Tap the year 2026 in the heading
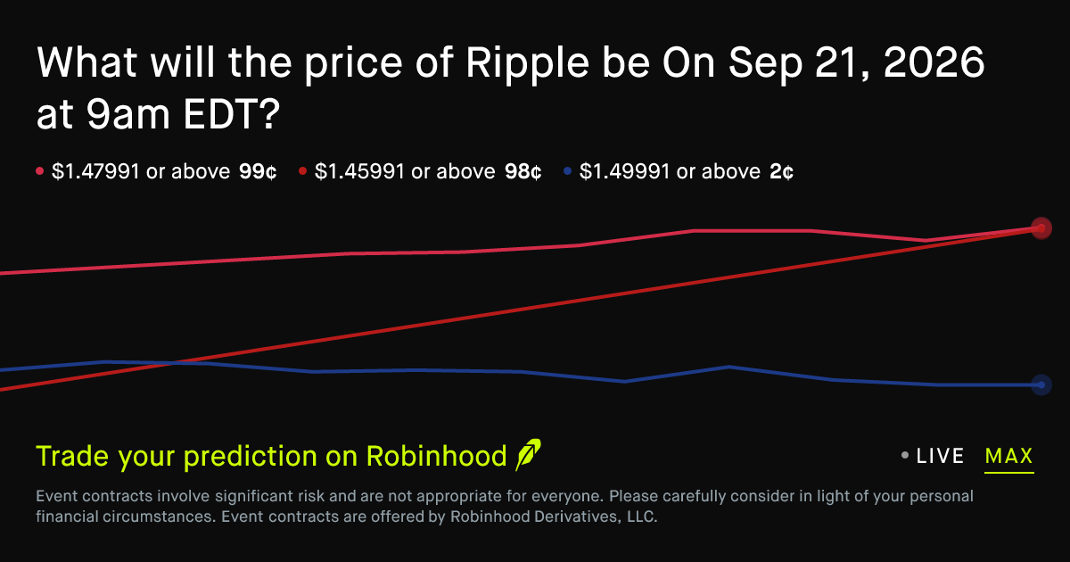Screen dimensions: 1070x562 pyautogui.click(x=934, y=62)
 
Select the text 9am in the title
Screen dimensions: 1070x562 pyautogui.click(x=128, y=115)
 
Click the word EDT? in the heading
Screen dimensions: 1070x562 pyautogui.click(x=231, y=114)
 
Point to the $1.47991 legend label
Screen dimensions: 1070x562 pyautogui.click(x=95, y=171)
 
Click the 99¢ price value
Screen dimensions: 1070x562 pyautogui.click(x=258, y=171)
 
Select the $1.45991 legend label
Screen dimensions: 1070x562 pyautogui.click(x=359, y=171)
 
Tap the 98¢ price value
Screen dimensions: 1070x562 pyautogui.click(x=523, y=171)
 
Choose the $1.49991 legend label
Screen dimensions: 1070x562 pyautogui.click(x=624, y=171)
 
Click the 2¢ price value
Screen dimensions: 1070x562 pyautogui.click(x=781, y=171)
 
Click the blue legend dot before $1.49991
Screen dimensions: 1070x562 pyautogui.click(x=567, y=170)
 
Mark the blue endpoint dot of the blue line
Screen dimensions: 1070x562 pyautogui.click(x=1041, y=384)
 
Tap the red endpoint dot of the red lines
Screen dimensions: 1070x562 pyautogui.click(x=1041, y=228)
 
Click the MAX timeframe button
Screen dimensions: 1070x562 pyautogui.click(x=1008, y=457)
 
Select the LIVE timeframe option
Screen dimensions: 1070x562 pyautogui.click(x=940, y=456)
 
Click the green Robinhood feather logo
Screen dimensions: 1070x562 pyautogui.click(x=528, y=454)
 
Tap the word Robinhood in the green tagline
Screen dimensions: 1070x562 pyautogui.click(x=436, y=456)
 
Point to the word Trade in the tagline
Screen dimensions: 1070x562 pyautogui.click(x=73, y=456)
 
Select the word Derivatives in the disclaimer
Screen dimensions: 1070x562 pyautogui.click(x=576, y=517)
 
